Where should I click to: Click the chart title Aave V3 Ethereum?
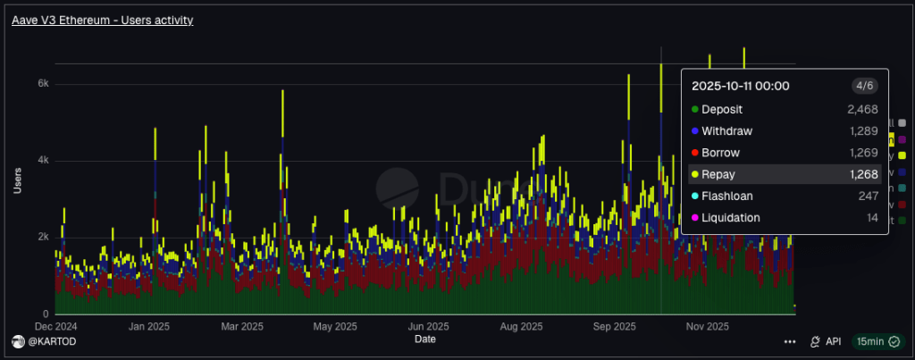click(102, 19)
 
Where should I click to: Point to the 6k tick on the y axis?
click(42, 83)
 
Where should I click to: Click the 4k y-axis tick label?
click(42, 161)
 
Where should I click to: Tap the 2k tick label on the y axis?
click(42, 238)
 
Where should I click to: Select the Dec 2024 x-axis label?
click(55, 326)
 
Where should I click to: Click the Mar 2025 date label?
click(240, 326)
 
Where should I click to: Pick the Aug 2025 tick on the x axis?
click(520, 326)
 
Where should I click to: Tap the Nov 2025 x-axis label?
click(707, 326)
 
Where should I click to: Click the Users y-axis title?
click(18, 181)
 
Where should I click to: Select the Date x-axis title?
click(425, 339)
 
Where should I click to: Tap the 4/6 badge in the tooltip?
click(864, 86)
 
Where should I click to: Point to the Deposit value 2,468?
click(863, 109)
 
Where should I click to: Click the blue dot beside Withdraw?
click(694, 131)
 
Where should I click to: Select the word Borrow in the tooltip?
click(720, 153)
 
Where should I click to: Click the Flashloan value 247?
click(869, 196)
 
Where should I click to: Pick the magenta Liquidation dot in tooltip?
click(694, 218)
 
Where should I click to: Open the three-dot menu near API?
click(790, 341)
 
